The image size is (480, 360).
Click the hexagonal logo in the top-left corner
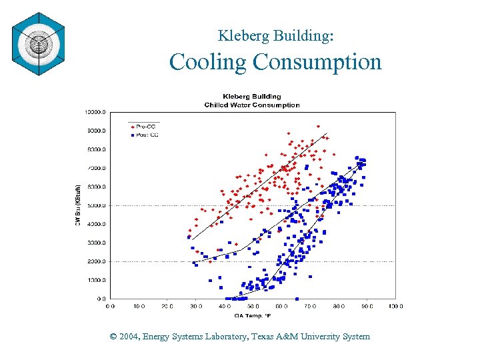tap(39, 44)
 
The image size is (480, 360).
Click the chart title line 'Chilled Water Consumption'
tap(252, 105)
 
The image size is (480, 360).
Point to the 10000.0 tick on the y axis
tap(95, 113)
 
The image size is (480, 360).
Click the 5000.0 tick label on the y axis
tap(96, 205)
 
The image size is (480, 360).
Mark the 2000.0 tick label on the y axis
tap(96, 261)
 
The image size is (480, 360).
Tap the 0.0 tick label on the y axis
tap(100, 299)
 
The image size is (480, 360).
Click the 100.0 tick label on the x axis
tap(395, 307)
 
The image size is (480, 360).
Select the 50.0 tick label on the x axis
tap(253, 307)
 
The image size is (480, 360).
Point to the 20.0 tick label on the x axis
tap(167, 307)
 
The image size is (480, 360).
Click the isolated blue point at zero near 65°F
tap(297, 298)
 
